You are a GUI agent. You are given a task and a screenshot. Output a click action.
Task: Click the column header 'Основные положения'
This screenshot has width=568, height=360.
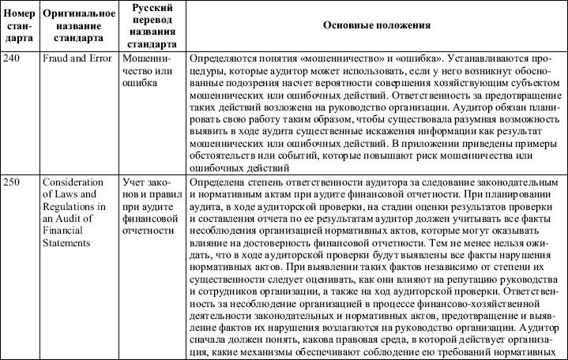377,25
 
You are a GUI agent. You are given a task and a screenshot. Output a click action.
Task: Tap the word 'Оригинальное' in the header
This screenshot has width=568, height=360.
76,14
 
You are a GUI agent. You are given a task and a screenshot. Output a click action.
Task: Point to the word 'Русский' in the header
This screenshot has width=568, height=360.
149,8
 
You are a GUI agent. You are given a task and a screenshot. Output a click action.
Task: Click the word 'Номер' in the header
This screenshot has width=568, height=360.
18,14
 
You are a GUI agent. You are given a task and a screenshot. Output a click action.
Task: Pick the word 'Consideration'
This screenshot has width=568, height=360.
73,182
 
